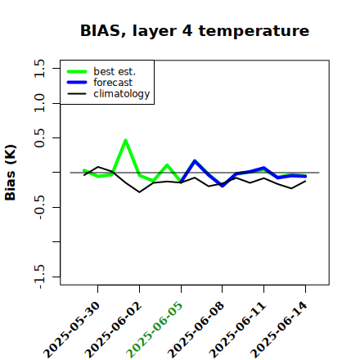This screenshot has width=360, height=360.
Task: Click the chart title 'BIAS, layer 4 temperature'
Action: [x=195, y=31]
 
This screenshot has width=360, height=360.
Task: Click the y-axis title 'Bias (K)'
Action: [x=11, y=173]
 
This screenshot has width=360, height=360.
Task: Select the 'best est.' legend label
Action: [x=115, y=71]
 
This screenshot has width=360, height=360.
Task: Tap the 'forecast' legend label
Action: [x=113, y=83]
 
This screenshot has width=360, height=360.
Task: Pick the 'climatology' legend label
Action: [x=122, y=94]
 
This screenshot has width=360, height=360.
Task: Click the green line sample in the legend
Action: [x=77, y=71]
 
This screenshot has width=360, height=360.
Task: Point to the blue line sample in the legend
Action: [x=77, y=83]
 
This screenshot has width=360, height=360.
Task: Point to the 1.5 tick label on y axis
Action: [x=39, y=68]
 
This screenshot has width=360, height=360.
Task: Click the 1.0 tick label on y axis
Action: [x=39, y=103]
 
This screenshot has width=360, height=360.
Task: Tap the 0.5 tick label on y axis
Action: [x=39, y=137]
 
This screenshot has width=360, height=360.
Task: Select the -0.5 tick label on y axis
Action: [x=39, y=208]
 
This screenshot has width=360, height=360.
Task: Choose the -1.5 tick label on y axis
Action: [x=39, y=277]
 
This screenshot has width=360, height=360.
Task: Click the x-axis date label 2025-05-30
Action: [x=71, y=330]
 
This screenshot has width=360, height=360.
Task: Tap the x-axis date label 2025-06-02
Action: [x=113, y=330]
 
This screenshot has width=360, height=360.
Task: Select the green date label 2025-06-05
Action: [x=155, y=330]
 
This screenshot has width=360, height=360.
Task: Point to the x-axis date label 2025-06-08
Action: [x=196, y=330]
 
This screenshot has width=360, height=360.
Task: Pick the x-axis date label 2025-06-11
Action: [x=237, y=330]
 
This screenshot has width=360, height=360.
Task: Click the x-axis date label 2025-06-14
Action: [x=279, y=330]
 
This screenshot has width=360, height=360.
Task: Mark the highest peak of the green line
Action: [x=125, y=141]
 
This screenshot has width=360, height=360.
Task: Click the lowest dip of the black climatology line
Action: [x=139, y=192]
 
